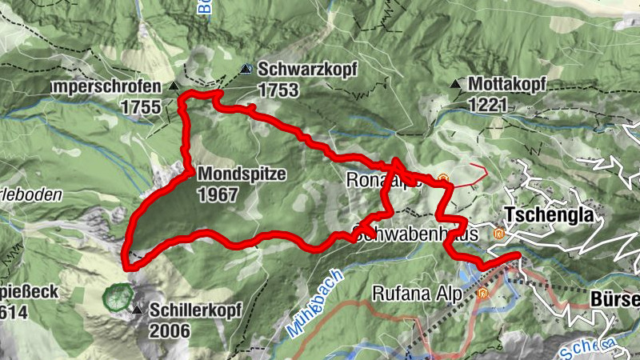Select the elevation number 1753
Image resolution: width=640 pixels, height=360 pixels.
pyautogui.click(x=278, y=90)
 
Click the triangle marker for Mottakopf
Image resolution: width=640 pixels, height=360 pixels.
pyautogui.click(x=455, y=83)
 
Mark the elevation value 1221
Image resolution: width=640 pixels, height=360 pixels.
pyautogui.click(x=490, y=103)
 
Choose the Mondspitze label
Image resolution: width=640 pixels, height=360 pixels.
pyautogui.click(x=241, y=174)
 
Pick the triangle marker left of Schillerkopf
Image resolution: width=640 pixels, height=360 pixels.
pyautogui.click(x=138, y=310)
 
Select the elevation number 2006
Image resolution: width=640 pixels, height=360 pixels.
pyautogui.click(x=170, y=330)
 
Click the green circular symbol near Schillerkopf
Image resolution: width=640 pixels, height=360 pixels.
pyautogui.click(x=118, y=297)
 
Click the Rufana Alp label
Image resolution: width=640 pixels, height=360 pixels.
pyautogui.click(x=418, y=294)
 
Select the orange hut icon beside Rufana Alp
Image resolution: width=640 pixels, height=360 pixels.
pyautogui.click(x=482, y=294)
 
